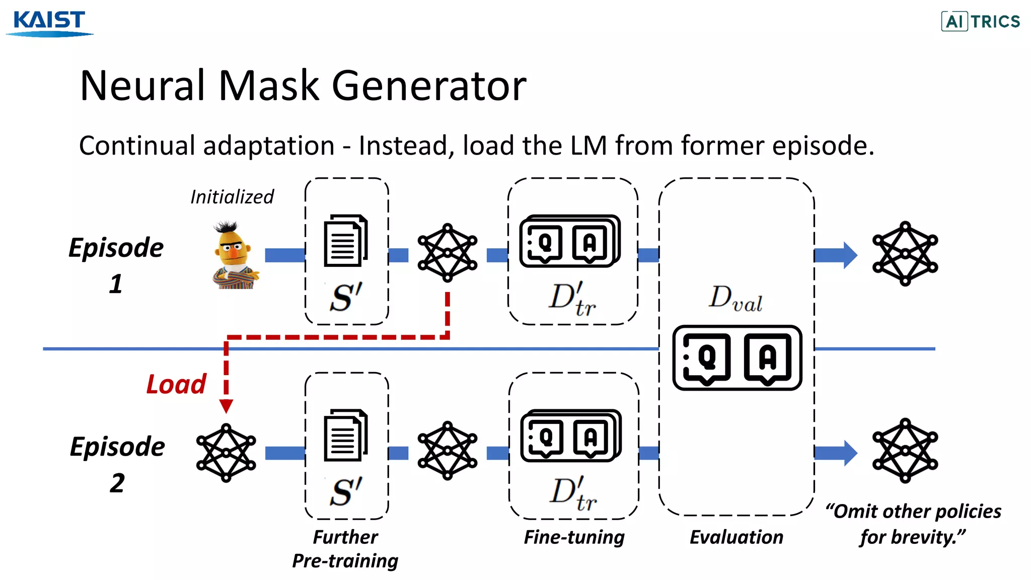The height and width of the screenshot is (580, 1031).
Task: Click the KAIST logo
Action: (49, 23)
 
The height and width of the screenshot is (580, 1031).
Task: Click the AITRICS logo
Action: (981, 21)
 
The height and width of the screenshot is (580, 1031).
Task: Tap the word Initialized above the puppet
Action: (232, 197)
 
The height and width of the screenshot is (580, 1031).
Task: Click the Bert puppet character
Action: (234, 255)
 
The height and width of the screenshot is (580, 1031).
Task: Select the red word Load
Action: (176, 384)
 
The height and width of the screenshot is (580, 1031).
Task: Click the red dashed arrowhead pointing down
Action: (227, 406)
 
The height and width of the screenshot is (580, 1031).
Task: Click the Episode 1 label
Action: (116, 265)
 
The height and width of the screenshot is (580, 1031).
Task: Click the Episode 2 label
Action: (117, 464)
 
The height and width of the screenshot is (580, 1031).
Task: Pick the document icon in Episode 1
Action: (345, 241)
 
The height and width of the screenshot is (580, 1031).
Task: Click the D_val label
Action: (735, 298)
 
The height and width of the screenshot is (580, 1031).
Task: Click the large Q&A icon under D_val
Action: (737, 358)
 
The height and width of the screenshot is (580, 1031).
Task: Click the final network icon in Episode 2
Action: (905, 451)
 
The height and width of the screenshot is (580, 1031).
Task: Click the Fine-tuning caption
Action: (574, 537)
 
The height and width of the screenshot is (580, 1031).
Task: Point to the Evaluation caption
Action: (736, 537)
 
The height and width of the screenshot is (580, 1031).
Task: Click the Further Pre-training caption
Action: (345, 549)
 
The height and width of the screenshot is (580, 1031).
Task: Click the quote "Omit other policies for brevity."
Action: (913, 524)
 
